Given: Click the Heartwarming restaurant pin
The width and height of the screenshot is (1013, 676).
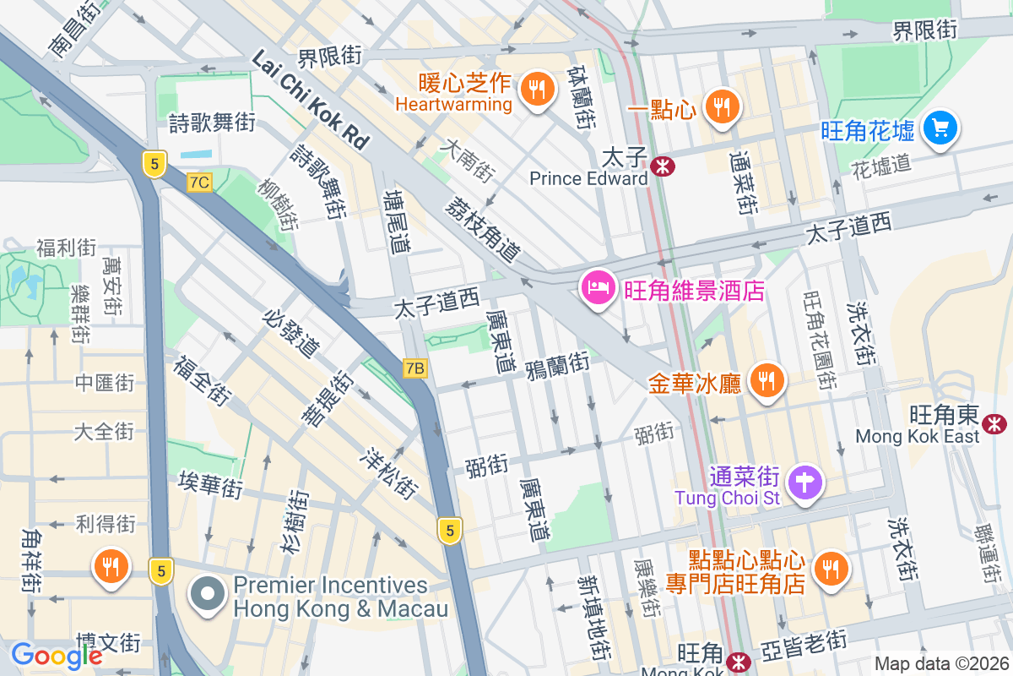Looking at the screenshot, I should click(x=535, y=88).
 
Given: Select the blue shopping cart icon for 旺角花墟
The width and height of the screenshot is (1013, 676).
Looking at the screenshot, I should click(x=939, y=128).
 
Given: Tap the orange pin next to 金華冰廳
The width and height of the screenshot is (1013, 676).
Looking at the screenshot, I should click(x=767, y=381).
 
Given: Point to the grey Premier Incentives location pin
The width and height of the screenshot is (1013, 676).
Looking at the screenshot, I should click(x=208, y=595).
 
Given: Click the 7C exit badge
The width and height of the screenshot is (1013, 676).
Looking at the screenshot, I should click(x=199, y=182).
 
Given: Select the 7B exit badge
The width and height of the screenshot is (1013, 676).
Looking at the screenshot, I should click(x=415, y=368).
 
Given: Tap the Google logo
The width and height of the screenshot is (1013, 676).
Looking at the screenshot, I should click(x=57, y=655).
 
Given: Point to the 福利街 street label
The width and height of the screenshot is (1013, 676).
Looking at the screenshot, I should click(x=66, y=248).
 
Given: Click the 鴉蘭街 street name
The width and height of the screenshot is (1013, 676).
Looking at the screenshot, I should click(x=556, y=365).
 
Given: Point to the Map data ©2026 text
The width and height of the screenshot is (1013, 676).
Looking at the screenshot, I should click(x=940, y=664).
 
